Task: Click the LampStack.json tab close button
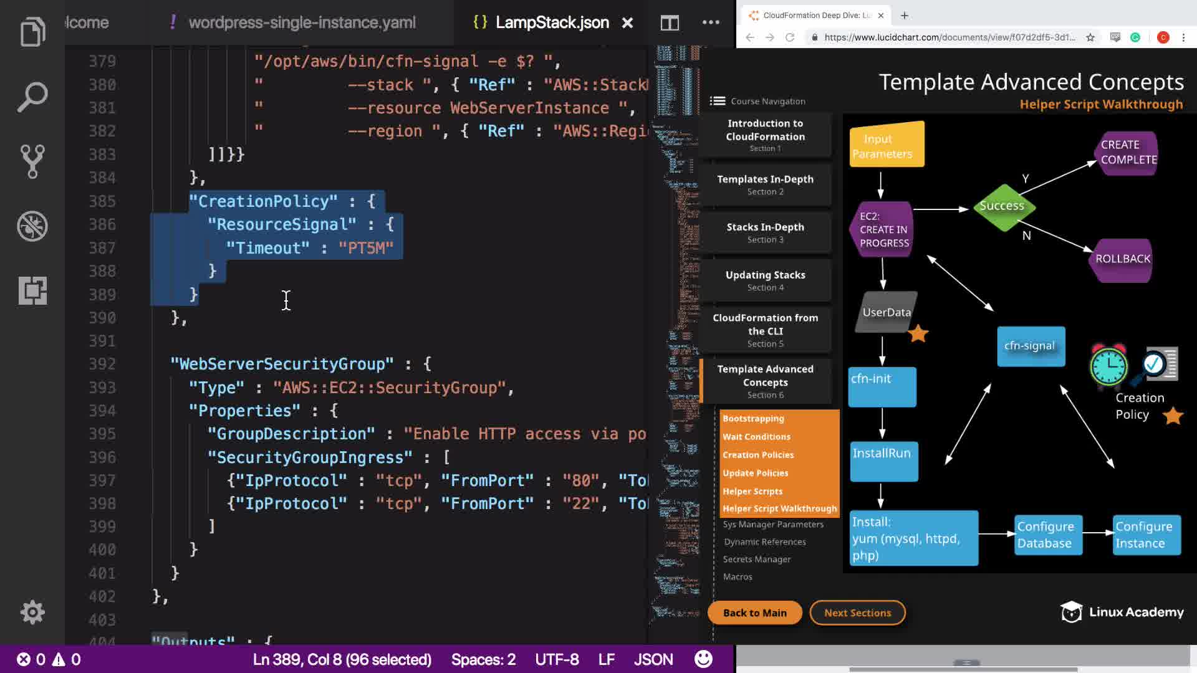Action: pyautogui.click(x=627, y=23)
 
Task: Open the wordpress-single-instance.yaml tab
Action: pyautogui.click(x=302, y=23)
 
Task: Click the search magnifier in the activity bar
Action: pyautogui.click(x=32, y=97)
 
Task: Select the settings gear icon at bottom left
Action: pyautogui.click(x=32, y=613)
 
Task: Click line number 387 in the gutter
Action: pyautogui.click(x=102, y=248)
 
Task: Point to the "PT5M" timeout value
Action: pyautogui.click(x=366, y=248)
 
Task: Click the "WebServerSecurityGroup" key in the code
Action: pyautogui.click(x=282, y=364)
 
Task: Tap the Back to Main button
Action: pyautogui.click(x=754, y=613)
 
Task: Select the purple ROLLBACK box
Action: pyautogui.click(x=1122, y=259)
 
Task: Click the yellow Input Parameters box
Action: pyautogui.click(x=886, y=146)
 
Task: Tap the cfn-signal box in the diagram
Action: pyautogui.click(x=1031, y=346)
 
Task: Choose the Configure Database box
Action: pyautogui.click(x=1046, y=535)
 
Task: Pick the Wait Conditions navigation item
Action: pyautogui.click(x=756, y=437)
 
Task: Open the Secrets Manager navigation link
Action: pyautogui.click(x=757, y=559)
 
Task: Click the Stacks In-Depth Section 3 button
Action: pyautogui.click(x=765, y=232)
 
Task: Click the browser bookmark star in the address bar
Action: pyautogui.click(x=1090, y=37)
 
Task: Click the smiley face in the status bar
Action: pyautogui.click(x=703, y=659)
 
